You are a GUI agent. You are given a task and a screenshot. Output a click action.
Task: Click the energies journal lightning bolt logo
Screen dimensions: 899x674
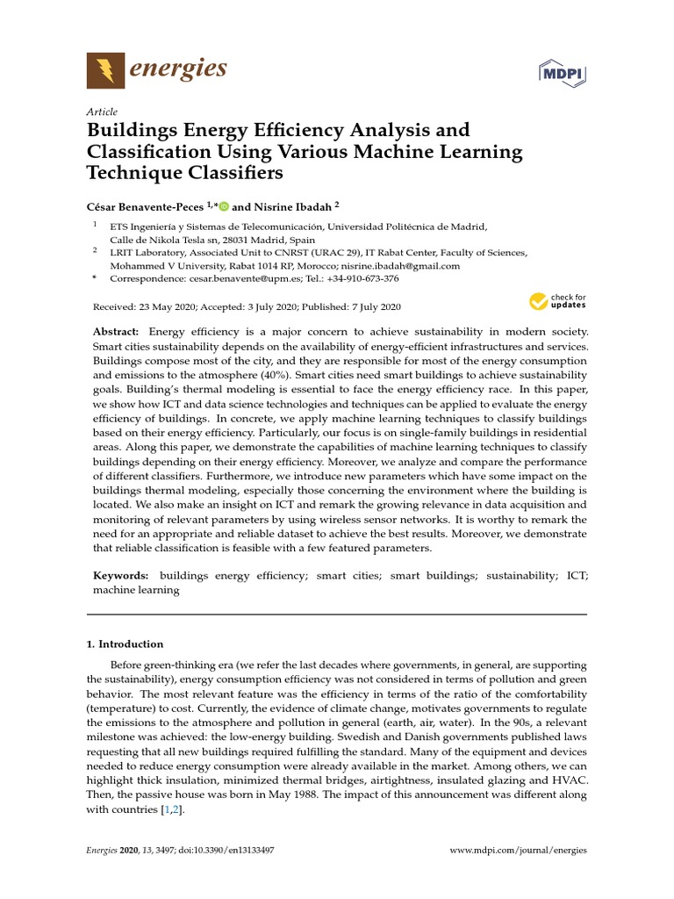click(x=105, y=70)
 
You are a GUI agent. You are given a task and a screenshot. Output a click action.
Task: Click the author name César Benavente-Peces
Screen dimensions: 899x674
click(x=144, y=206)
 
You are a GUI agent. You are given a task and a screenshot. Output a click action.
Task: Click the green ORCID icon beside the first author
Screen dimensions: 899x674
click(x=223, y=206)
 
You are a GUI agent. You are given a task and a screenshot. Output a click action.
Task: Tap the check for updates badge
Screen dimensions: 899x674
click(x=557, y=303)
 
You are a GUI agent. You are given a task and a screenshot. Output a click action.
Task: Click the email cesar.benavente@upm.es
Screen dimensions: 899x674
click(x=239, y=279)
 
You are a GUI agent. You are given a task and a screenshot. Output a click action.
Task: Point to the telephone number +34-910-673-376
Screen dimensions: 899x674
click(x=361, y=279)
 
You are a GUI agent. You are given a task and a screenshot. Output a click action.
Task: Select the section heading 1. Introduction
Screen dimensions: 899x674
click(x=125, y=644)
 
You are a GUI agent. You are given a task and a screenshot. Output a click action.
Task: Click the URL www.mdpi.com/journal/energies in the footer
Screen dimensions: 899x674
click(x=518, y=851)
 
